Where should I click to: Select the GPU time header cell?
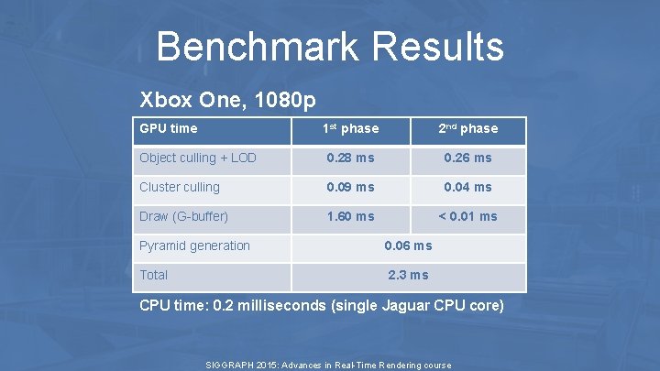168,129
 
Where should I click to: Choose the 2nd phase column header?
467,129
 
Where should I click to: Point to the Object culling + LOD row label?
197,158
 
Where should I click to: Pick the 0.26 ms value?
467,158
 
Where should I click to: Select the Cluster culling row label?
180,187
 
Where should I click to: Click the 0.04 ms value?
467,187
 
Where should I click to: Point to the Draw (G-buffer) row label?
183,216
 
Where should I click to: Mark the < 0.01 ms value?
467,216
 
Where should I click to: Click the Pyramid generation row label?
194,246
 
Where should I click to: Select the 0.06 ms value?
408,246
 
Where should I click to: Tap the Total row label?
154,275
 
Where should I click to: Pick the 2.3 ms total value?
408,275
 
